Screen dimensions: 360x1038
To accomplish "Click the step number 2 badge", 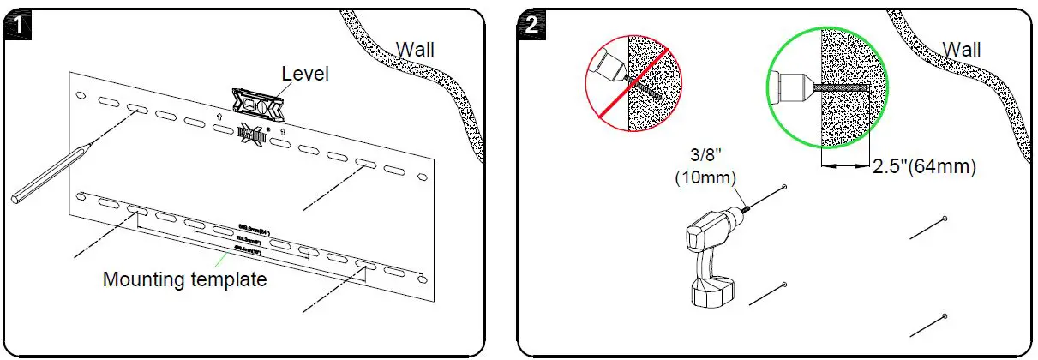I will click(x=532, y=24).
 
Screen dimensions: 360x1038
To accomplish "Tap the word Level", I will click(x=305, y=75).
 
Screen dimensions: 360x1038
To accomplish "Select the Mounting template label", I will click(x=184, y=279).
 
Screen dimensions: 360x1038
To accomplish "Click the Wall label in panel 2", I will click(x=962, y=50).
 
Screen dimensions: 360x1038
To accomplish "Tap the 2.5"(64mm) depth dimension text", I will click(x=924, y=167).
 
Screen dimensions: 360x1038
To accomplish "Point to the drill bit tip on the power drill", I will click(x=783, y=188).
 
